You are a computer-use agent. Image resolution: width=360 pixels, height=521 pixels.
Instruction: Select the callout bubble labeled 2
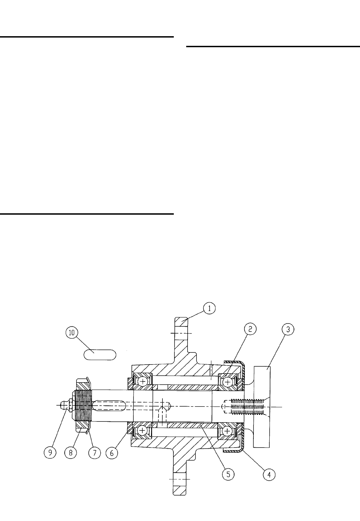coord(251,329)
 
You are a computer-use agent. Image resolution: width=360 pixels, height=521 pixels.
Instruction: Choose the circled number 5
coord(228,474)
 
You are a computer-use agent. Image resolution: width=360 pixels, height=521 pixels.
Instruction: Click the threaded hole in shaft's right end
coord(243,406)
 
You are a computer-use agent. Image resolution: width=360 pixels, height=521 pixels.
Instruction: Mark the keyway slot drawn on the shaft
coord(110,406)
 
